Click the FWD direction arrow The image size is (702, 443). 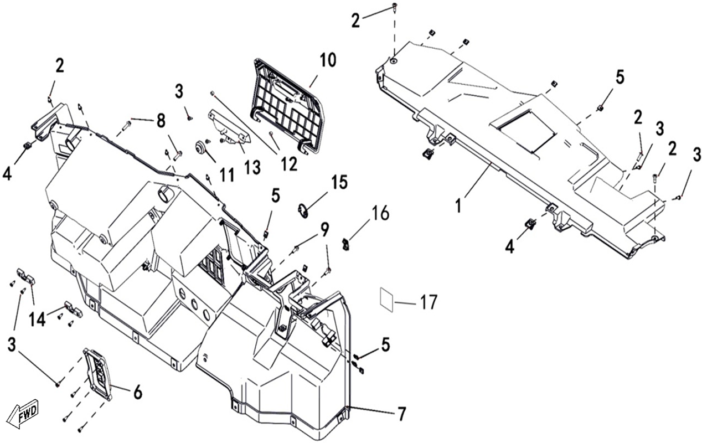pos(23,414)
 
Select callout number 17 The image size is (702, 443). pos(428,302)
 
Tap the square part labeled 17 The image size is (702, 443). pos(388,299)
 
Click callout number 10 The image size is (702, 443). pos(328,60)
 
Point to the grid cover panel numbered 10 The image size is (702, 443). pos(286,106)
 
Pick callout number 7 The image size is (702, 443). pos(401,414)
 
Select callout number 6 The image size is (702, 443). pos(137,393)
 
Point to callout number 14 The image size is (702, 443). pos(37,320)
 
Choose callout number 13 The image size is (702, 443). pos(252,167)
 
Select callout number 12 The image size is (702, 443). pos(289,164)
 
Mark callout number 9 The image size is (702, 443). pos(324,230)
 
